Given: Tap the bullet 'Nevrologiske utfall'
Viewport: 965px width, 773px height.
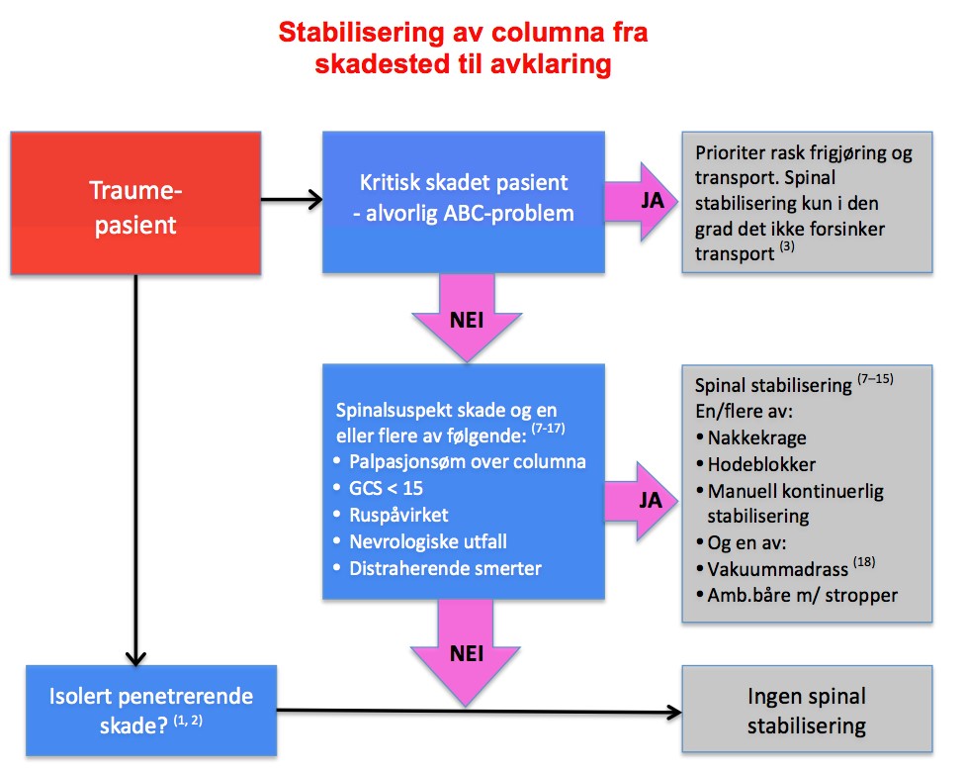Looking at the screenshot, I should [427, 540].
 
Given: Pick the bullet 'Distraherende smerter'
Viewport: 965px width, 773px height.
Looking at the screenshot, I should [445, 568].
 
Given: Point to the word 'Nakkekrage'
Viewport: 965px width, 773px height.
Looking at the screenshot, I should [757, 438].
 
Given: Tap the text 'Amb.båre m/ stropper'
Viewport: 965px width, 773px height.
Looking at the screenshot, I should [801, 596].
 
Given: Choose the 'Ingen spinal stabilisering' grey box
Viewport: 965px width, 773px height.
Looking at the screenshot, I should [806, 712].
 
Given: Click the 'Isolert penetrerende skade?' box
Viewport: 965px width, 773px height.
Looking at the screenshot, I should [150, 709].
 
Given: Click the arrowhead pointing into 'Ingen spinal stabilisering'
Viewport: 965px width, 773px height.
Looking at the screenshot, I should [676, 711].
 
